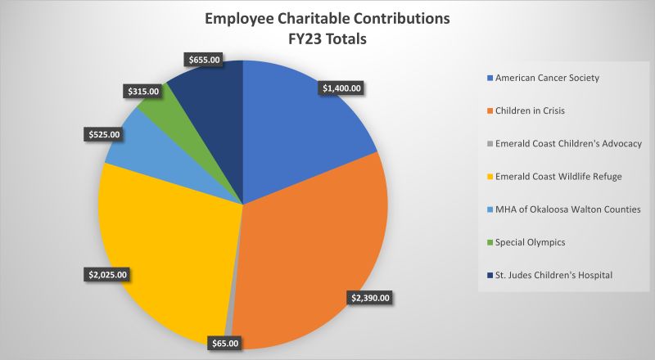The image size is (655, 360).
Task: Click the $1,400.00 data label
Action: (x=341, y=87)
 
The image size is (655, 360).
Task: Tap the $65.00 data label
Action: (x=224, y=344)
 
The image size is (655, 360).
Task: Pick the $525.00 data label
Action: (x=102, y=134)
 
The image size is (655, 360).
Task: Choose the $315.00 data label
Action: (x=143, y=92)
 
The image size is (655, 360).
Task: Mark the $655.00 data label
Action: (x=201, y=59)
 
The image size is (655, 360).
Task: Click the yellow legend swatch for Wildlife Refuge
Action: (x=490, y=177)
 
